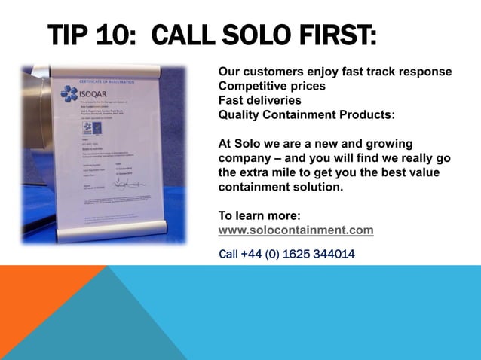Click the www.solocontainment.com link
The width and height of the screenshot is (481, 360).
tap(296, 230)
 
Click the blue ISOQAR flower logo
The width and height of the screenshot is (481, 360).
tap(71, 93)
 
